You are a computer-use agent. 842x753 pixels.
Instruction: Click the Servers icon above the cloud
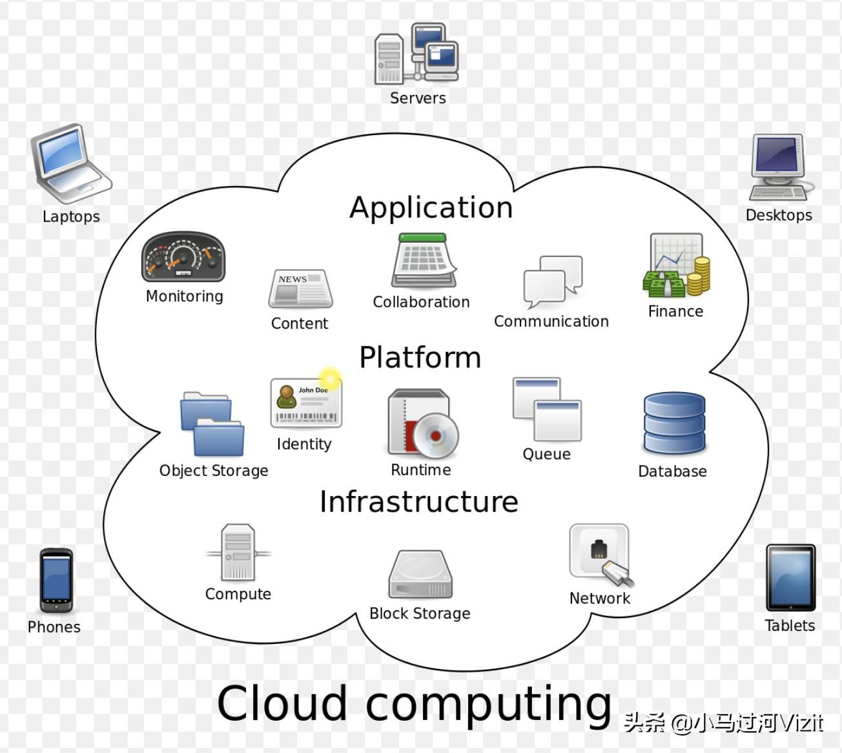coord(416,54)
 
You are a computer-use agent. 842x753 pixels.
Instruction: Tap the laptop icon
coord(70,164)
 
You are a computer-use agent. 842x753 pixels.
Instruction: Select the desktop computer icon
coord(779,167)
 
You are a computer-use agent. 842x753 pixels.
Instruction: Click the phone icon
coord(56,581)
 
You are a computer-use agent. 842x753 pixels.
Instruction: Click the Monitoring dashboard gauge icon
coord(183,258)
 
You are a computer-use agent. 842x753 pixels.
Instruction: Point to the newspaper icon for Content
coord(300,289)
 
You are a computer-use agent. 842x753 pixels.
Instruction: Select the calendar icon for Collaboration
coord(423,261)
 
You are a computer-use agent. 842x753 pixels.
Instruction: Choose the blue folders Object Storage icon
coord(212,424)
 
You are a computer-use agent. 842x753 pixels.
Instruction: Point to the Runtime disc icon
coord(422,424)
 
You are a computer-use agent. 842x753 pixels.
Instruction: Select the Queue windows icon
coord(547,409)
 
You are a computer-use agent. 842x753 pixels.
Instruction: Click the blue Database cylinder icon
coord(673,424)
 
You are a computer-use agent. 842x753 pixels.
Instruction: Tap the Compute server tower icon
coord(238,553)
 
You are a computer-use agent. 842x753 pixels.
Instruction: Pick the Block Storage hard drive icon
coord(420,574)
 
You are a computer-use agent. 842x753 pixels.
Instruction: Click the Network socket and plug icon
coord(600,555)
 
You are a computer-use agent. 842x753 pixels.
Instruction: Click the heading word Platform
coord(420,357)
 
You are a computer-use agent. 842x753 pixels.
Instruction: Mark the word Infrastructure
coord(418,502)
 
